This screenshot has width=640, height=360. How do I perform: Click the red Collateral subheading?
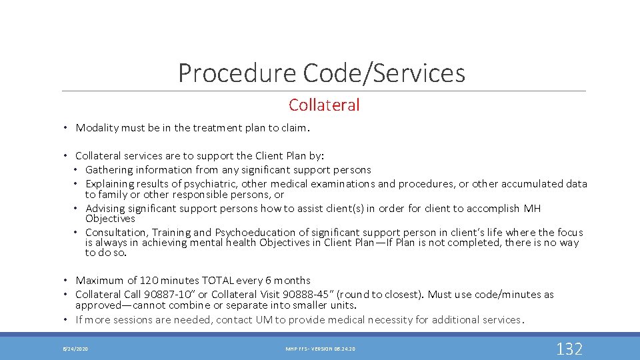tap(324, 105)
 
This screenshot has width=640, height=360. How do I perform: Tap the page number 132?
tap(569, 348)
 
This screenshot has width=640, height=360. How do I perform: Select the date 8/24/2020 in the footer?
tap(75, 349)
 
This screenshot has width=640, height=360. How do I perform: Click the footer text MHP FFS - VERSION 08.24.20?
tap(321, 349)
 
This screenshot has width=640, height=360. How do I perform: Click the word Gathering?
tap(111, 170)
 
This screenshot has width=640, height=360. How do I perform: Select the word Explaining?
tap(111, 184)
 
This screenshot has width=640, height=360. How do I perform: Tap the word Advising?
tap(107, 209)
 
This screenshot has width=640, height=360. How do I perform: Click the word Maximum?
tap(100, 281)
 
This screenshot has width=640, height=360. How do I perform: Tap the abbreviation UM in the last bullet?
tap(263, 320)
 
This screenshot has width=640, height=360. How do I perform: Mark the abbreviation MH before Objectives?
tap(532, 209)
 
